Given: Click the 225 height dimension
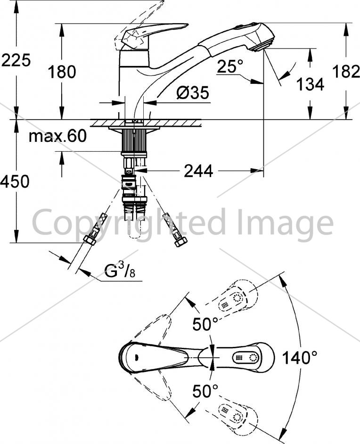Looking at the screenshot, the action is (x=16, y=61).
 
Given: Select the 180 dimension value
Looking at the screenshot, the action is (x=62, y=72).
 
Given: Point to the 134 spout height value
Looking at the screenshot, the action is (x=310, y=84).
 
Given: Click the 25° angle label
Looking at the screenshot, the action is (x=230, y=66).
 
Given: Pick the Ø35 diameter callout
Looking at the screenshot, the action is (x=192, y=92).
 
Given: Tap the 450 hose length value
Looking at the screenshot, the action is (x=15, y=181).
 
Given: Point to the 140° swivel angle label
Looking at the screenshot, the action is (x=300, y=357).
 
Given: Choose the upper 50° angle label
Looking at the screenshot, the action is (x=205, y=324).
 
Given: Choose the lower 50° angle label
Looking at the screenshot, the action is (x=205, y=391).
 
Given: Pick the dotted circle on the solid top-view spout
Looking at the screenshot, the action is (x=253, y=357).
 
